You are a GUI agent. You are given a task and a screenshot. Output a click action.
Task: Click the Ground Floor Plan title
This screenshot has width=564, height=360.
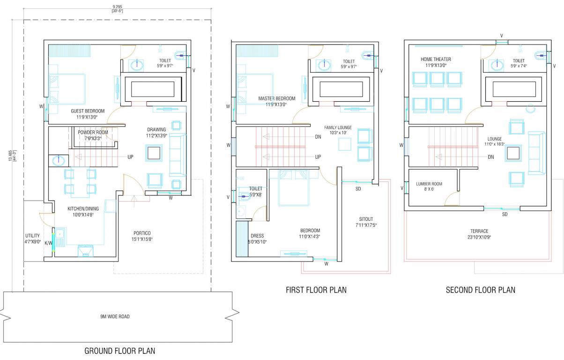point(119,351)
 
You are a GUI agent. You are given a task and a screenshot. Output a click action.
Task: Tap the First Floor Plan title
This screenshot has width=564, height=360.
point(316,290)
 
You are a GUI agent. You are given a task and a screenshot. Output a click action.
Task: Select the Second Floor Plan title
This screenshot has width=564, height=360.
point(480,290)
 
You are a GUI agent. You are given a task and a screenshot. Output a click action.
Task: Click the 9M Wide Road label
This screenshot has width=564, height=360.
point(115,316)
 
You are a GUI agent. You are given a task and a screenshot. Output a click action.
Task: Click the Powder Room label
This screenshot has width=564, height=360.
point(93,132)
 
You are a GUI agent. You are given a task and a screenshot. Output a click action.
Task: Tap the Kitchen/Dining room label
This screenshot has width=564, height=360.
point(77,209)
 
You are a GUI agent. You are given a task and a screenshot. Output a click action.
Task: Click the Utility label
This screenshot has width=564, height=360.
point(32,236)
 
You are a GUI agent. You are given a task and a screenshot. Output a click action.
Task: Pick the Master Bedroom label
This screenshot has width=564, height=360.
point(277,98)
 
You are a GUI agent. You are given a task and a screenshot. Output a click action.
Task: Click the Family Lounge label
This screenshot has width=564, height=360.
point(338,127)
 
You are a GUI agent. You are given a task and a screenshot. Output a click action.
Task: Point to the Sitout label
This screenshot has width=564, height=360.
point(366,219)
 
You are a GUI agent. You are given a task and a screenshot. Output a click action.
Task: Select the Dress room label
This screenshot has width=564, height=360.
point(257,236)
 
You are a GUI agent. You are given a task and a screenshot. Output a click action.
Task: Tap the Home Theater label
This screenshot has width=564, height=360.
point(436,60)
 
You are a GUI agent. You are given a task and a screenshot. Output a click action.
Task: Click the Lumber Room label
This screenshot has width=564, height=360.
point(429,184)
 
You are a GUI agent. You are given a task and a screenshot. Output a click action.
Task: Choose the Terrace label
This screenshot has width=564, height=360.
point(479,231)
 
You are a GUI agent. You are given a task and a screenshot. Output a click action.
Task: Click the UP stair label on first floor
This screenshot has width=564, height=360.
point(318,157)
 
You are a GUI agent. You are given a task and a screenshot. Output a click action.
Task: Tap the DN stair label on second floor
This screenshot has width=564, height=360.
point(491,157)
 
